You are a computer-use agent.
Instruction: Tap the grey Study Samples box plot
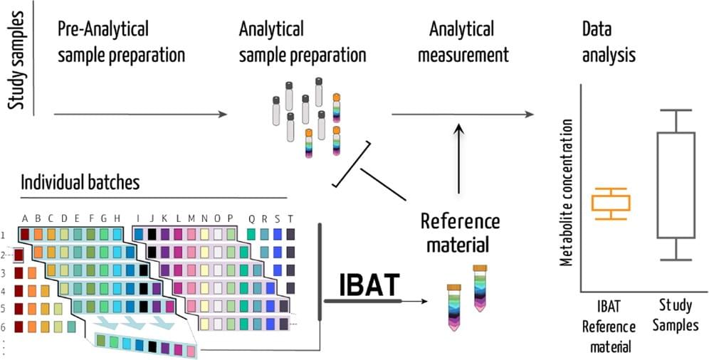coord(676,185)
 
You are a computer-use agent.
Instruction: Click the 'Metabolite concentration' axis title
coord(567,192)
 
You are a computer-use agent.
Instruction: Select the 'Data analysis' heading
coord(609,42)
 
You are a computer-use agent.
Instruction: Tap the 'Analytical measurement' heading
coord(463,42)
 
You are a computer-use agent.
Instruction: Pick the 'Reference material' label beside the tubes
coord(460,233)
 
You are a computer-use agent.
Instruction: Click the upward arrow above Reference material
coord(460,160)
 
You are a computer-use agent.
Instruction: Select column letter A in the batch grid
coord(25,218)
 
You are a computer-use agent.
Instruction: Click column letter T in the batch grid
coord(290,218)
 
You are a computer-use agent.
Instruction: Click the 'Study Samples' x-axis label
coord(676,317)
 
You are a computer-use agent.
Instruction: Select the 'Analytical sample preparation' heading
coord(303,42)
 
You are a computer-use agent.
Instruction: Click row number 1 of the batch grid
coord(4,235)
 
